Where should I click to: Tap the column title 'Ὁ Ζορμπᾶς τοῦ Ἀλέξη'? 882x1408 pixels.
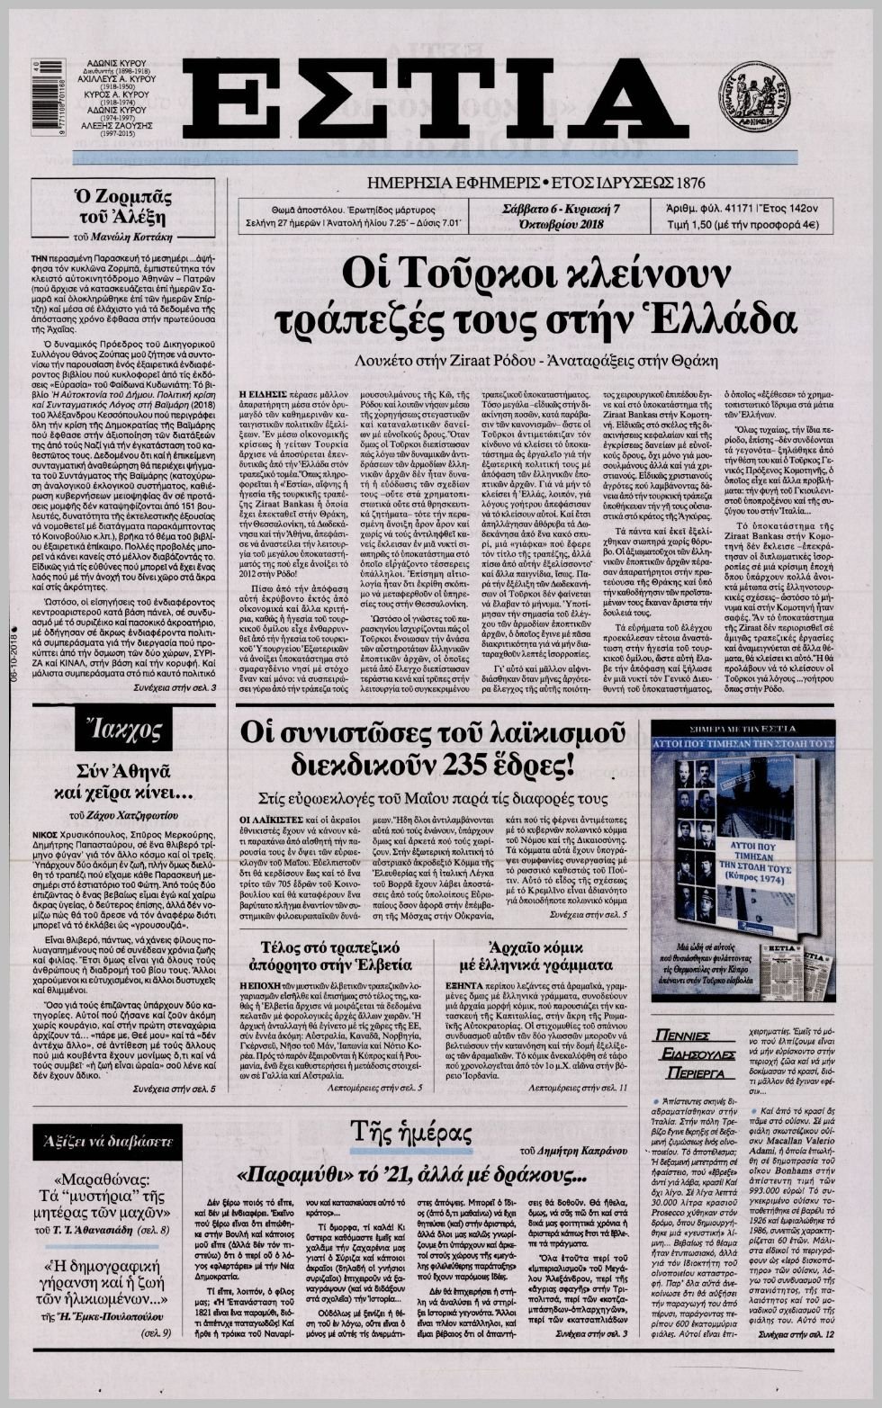(x=122, y=205)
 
